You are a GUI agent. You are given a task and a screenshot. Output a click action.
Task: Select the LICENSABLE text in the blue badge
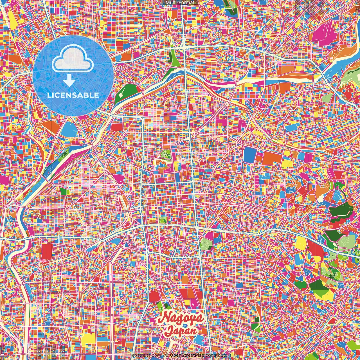pyautogui.click(x=73, y=95)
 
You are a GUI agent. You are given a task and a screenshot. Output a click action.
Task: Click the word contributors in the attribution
pyautogui.click(x=218, y=355)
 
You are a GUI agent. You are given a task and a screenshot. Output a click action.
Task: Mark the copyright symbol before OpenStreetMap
pyautogui.click(x=167, y=355)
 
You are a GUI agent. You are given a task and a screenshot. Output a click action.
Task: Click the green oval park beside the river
pyautogui.click(x=125, y=93)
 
